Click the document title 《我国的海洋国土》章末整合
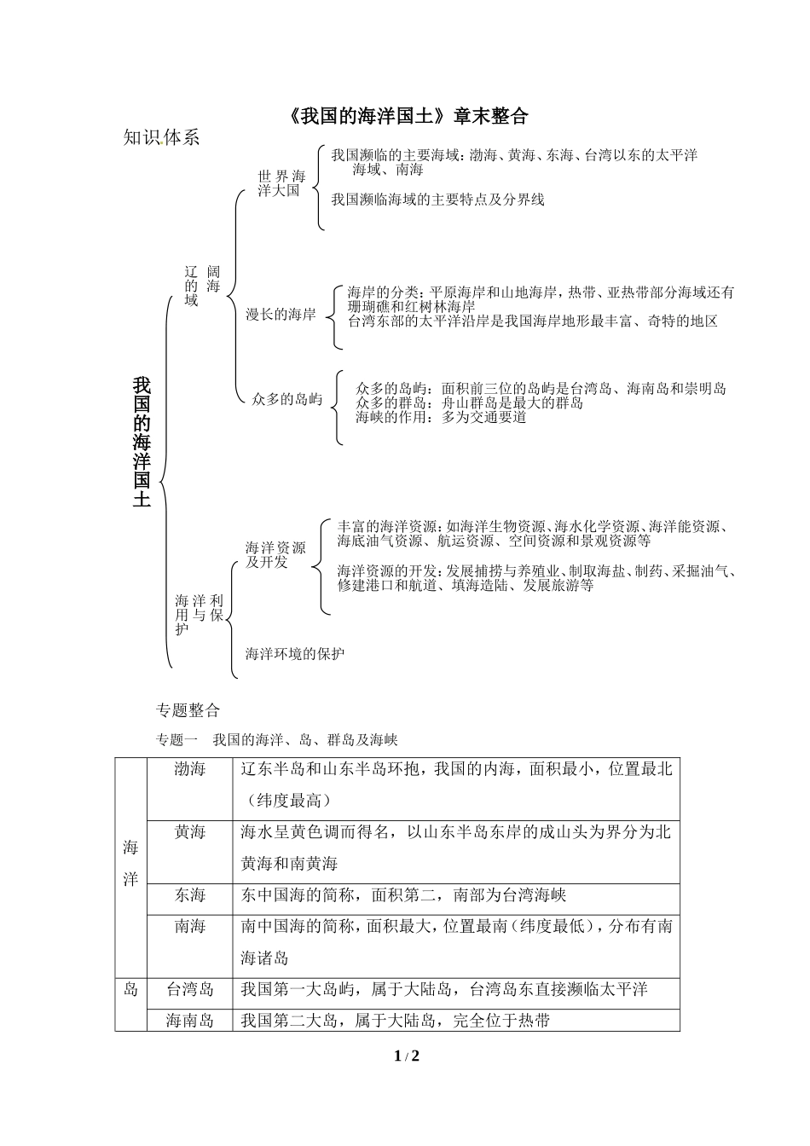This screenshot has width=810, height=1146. click(408, 116)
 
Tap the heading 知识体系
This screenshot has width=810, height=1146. click(161, 138)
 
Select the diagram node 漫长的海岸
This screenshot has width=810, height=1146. click(281, 314)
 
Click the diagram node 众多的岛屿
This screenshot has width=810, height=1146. click(287, 398)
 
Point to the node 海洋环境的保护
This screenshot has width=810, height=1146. click(295, 654)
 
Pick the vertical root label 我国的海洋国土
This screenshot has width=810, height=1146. click(142, 442)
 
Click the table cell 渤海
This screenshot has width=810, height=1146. click(189, 769)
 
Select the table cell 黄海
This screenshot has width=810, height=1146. click(189, 832)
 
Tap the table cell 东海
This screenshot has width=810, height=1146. click(189, 895)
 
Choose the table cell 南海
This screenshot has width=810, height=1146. click(189, 927)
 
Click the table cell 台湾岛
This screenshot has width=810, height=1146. click(189, 989)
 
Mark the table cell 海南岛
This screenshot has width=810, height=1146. click(189, 1020)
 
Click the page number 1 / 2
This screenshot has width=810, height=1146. click(407, 1056)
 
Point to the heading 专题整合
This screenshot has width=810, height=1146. click(188, 709)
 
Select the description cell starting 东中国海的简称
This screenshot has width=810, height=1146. click(403, 895)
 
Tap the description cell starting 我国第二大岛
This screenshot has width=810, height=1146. click(395, 1020)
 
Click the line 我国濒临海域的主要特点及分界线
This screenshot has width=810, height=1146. click(437, 200)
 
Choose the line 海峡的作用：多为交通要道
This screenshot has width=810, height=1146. click(441, 418)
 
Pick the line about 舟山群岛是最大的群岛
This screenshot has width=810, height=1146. click(469, 403)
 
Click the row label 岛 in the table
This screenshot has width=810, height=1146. click(130, 989)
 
